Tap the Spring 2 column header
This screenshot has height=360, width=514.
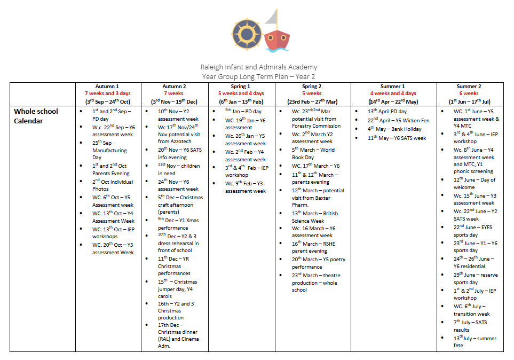click(312, 86)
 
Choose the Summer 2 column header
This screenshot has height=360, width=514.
click(469, 86)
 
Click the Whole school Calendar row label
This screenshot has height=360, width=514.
click(36, 116)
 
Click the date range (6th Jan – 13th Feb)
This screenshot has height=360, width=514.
click(241, 101)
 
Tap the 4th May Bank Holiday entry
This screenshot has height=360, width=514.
click(386, 129)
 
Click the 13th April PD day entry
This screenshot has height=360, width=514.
click(387, 111)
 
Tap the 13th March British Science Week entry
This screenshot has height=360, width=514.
click(314, 216)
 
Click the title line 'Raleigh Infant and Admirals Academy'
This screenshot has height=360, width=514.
click(258, 67)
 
